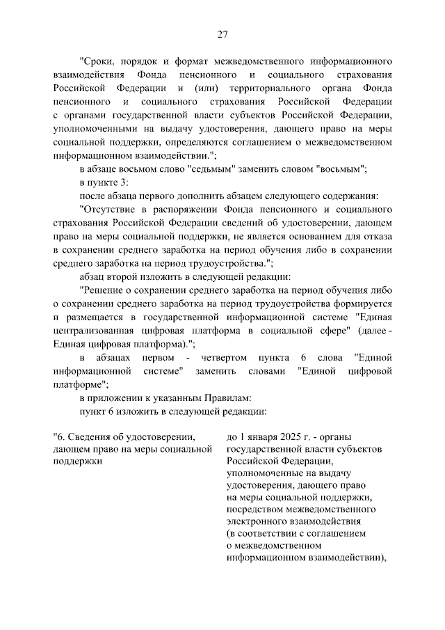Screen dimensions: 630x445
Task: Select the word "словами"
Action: (266, 371)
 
